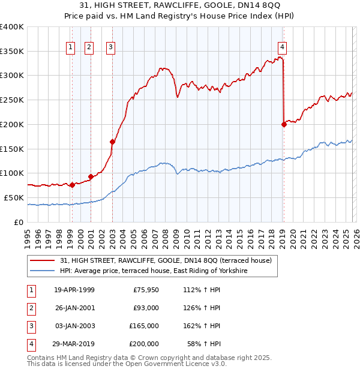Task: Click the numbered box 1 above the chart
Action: pos(71,47)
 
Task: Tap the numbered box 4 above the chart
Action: pos(282,47)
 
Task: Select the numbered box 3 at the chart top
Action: pos(111,47)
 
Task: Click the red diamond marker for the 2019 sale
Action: pos(284,124)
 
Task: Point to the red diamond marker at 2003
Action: pos(112,142)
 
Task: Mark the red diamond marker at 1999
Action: pos(72,185)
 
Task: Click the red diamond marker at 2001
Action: pos(91,176)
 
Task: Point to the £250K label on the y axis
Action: pos(12,100)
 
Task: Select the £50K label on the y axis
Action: pos(14,197)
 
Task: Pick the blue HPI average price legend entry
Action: pos(154,271)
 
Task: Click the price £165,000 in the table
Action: pos(144,326)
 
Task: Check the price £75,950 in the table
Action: pos(146,290)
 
